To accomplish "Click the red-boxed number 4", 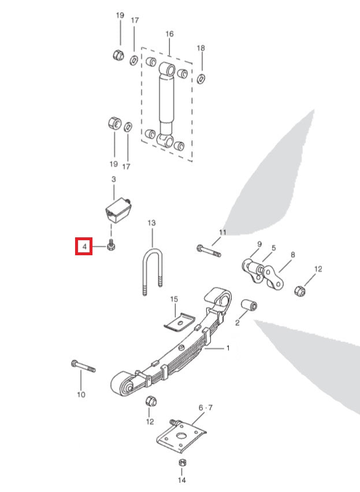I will click(84, 247).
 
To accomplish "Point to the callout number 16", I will click(169, 34).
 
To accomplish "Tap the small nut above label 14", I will click(181, 463).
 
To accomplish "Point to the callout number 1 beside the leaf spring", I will click(228, 348).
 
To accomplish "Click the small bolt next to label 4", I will click(111, 247).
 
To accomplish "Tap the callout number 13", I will click(152, 222).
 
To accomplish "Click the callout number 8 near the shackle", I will click(293, 254).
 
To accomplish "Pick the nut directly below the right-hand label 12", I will click(300, 289).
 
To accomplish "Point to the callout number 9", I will click(259, 244).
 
